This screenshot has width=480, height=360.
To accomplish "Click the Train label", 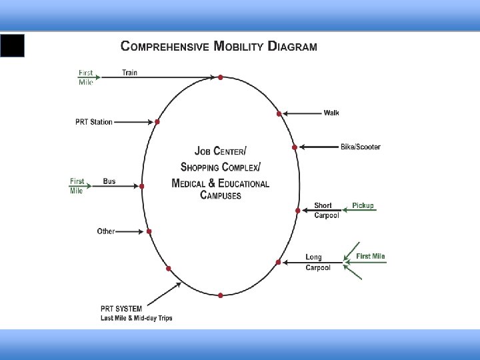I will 130,73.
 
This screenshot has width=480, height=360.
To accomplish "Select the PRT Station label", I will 93,122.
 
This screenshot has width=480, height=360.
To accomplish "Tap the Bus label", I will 109,181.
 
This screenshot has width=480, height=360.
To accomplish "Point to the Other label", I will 106,231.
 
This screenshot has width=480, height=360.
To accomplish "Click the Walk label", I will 331,113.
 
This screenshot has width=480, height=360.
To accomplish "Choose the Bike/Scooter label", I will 361,147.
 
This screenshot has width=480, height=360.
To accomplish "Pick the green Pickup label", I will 363,205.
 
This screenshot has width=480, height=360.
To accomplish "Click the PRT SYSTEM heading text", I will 121,309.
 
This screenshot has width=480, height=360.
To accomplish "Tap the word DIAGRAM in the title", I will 292,47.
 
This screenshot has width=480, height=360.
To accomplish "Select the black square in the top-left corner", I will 12,45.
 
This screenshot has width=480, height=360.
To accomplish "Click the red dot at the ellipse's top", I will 221,77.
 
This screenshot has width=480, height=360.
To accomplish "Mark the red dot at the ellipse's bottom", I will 221,295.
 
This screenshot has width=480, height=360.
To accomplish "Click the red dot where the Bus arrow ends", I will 141,187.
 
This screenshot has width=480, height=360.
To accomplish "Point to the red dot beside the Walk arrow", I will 279,114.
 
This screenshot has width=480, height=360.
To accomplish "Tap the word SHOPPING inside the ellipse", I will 207,166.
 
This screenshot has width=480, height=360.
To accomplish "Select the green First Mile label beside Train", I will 86,77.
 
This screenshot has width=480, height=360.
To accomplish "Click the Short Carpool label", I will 326,210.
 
